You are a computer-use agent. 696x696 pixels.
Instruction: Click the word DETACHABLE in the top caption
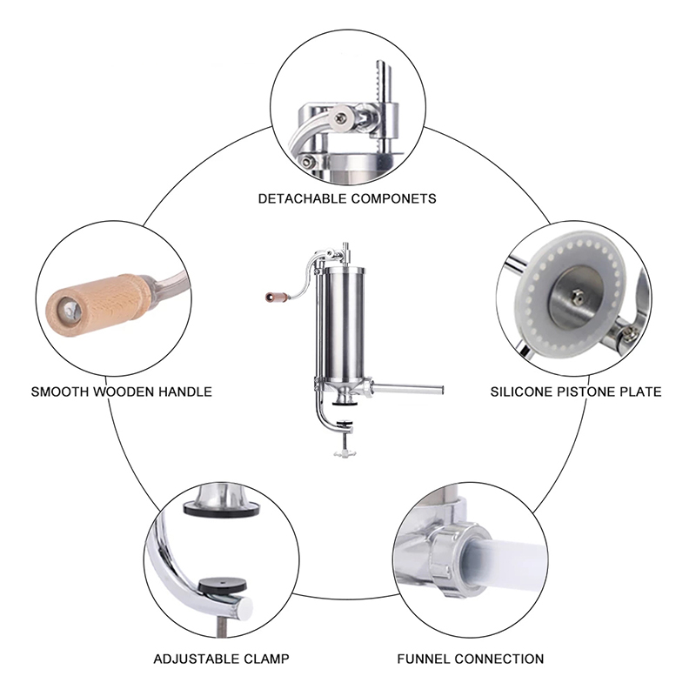303,198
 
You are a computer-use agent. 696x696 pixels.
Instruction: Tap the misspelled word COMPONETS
394,198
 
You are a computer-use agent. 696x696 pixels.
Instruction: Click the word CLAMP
267,659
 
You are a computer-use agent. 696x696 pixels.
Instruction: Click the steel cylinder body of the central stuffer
344,326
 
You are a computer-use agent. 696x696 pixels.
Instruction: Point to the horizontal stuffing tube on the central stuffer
407,390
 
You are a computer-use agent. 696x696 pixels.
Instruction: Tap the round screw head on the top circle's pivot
341,118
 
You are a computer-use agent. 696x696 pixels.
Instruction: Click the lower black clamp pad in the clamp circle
222,586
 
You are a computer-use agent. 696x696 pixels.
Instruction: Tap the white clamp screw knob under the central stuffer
345,453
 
